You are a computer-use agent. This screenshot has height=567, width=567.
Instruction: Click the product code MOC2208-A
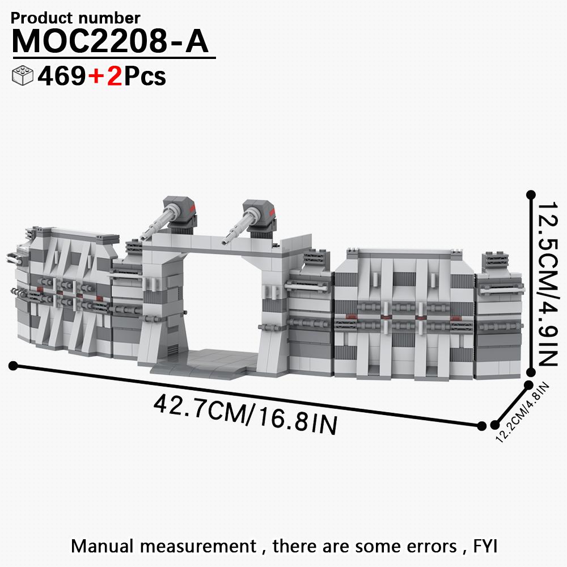(x=111, y=41)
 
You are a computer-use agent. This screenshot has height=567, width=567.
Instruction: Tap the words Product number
(x=75, y=18)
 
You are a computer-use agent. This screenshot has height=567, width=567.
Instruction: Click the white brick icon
(x=23, y=75)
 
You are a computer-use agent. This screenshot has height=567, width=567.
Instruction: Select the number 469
(x=61, y=76)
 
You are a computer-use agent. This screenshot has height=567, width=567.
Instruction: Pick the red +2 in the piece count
(x=105, y=76)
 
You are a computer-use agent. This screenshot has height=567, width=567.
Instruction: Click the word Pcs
(x=145, y=77)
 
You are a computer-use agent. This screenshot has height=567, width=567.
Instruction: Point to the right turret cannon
(x=249, y=219)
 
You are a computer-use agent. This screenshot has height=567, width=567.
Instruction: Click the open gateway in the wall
(x=222, y=302)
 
